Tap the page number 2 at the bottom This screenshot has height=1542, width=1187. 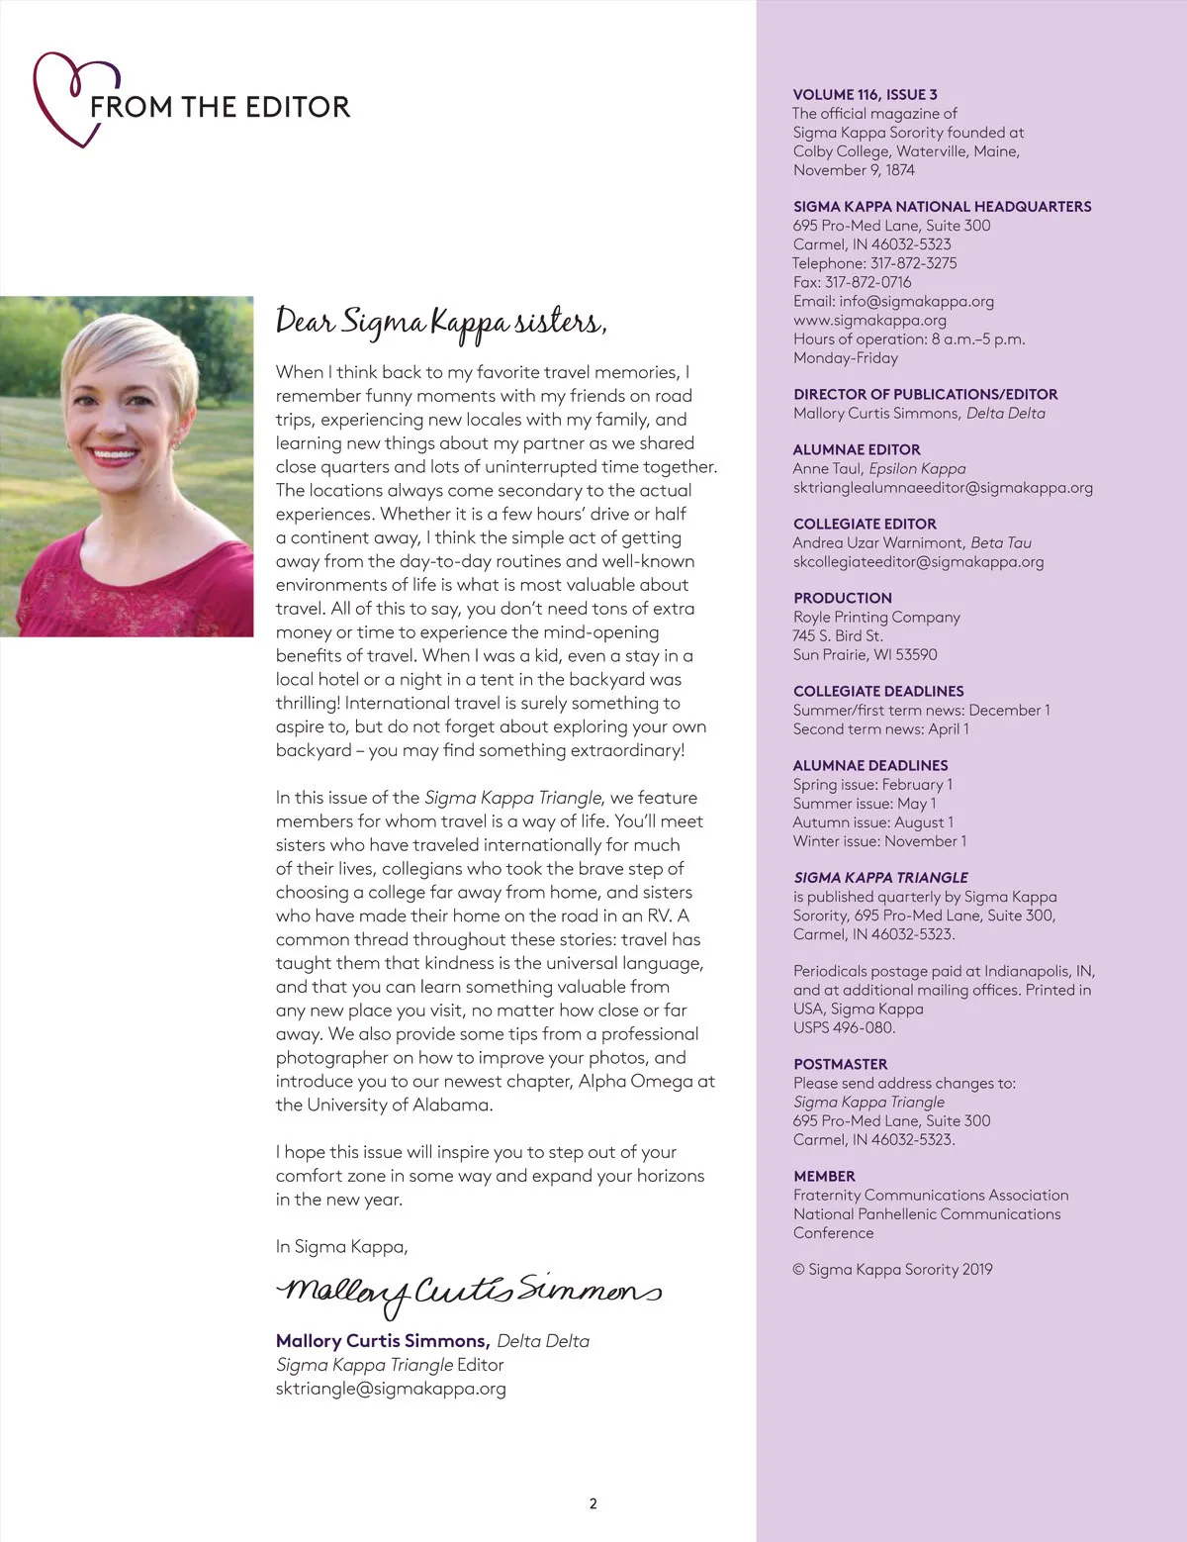(593, 1503)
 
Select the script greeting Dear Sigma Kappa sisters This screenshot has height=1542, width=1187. (441, 323)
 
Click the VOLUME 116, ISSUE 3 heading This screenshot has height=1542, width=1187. (865, 95)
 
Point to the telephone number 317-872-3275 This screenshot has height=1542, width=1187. (913, 263)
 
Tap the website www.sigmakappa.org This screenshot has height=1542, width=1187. (869, 320)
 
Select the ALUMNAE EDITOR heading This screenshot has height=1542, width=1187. (857, 449)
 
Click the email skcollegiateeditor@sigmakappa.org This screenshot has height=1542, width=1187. (918, 561)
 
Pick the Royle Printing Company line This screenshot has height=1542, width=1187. (876, 617)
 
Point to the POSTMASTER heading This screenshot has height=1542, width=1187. (840, 1064)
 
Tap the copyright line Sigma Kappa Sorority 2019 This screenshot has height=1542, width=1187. (892, 1269)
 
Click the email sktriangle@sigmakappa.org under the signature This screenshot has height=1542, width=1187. (391, 1388)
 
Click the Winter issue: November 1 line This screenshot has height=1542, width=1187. (879, 840)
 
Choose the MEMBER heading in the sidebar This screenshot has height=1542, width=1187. (824, 1176)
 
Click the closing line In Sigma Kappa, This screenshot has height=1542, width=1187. (341, 1246)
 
